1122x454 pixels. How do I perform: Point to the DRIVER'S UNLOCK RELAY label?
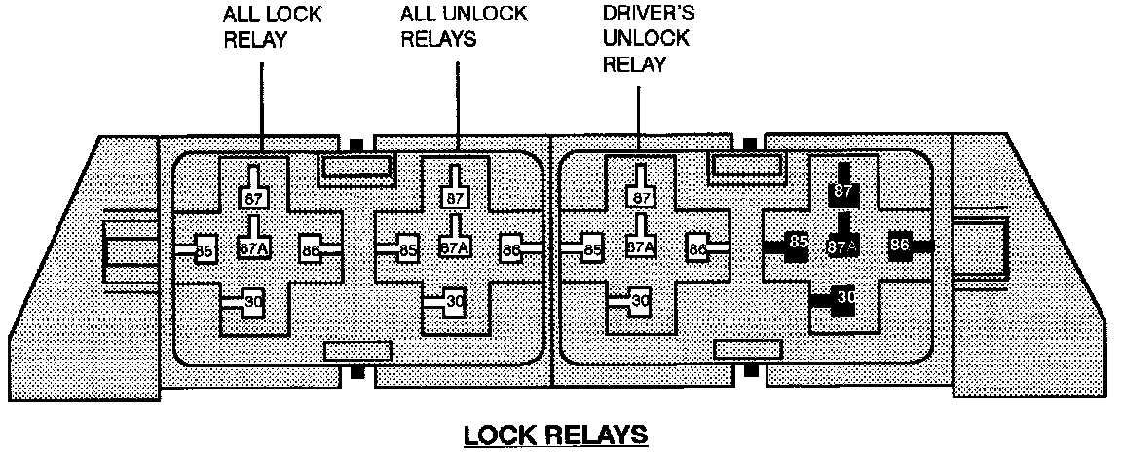click(x=647, y=40)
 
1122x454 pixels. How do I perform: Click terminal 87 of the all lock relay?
click(x=253, y=198)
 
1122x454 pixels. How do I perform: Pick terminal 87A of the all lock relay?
click(x=253, y=247)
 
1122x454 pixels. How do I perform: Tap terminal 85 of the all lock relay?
click(x=205, y=249)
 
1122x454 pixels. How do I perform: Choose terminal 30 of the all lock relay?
click(x=252, y=302)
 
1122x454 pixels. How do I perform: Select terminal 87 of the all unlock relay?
click(x=455, y=198)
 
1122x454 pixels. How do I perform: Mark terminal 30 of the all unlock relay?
click(x=454, y=302)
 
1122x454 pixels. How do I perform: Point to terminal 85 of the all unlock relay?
click(x=407, y=249)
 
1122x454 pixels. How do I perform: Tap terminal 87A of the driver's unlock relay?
click(x=640, y=247)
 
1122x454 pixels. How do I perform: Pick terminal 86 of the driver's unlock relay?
click(x=697, y=249)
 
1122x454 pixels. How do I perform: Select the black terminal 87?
click(x=841, y=193)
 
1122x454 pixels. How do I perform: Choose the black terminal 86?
click(x=900, y=245)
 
